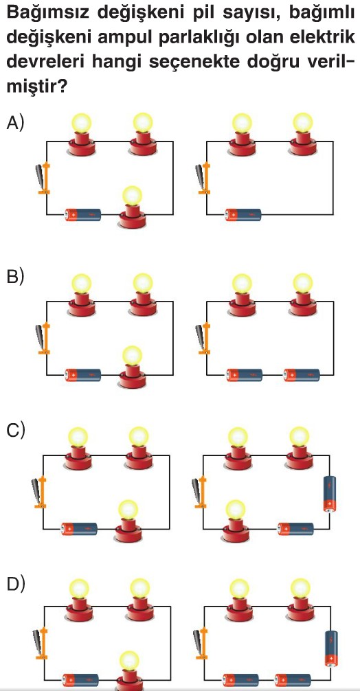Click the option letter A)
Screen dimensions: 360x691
pos(14,123)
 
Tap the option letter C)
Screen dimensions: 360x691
pos(15,430)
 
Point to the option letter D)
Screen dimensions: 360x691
pos(15,584)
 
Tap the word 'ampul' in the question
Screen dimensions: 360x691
pos(119,38)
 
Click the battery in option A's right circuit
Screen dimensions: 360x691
pos(243,214)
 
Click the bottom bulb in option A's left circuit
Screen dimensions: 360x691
pos(132,207)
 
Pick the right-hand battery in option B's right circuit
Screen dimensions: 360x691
pos(302,375)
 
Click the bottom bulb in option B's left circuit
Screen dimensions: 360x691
pos(132,367)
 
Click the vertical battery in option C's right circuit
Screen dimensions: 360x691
pos(329,494)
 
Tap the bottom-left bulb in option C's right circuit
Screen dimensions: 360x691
pos(236,521)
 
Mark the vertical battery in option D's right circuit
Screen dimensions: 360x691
pos(330,649)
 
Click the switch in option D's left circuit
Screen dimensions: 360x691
pos(40,644)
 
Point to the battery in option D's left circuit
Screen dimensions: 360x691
pos(80,680)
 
